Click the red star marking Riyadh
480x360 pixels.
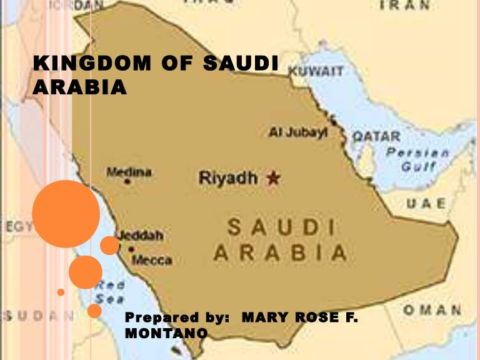272,179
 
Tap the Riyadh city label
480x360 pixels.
228,178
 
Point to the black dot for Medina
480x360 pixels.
127,181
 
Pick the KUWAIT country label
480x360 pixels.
316,72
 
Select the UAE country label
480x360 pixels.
426,204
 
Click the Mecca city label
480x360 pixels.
152,259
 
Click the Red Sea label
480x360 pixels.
110,292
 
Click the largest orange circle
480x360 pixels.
66,214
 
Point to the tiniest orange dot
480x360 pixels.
61,292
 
